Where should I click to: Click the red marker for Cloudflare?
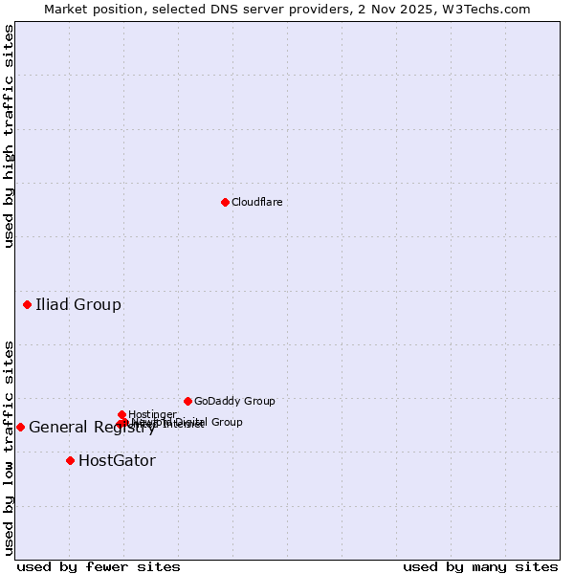click(225, 202)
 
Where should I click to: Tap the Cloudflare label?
click(256, 202)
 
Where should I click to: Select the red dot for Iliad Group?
click(27, 304)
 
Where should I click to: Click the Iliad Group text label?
click(78, 305)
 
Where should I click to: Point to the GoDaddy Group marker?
click(188, 401)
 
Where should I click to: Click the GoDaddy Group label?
click(234, 401)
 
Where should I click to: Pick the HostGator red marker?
click(70, 460)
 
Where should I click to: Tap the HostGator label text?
click(117, 461)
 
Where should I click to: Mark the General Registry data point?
click(20, 427)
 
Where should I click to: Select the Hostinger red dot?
click(121, 414)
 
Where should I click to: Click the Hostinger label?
click(152, 414)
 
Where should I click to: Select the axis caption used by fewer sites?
click(99, 566)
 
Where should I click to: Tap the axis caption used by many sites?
click(479, 566)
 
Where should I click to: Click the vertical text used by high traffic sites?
click(9, 137)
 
